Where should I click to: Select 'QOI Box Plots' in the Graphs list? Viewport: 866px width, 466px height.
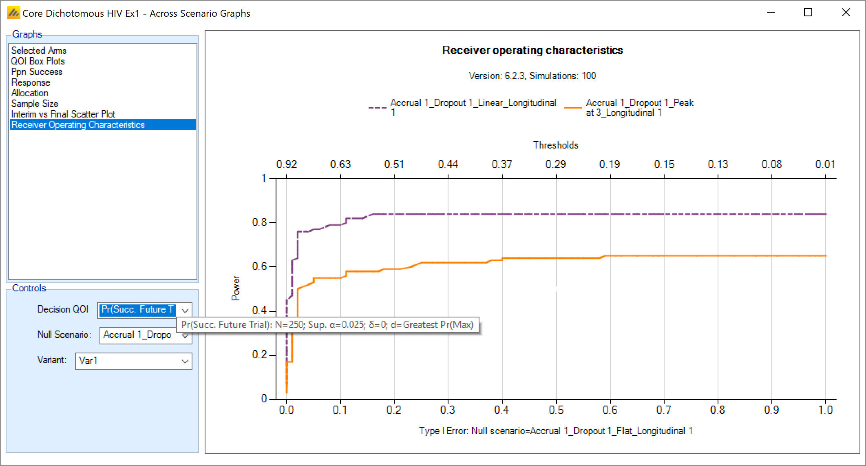click(38, 61)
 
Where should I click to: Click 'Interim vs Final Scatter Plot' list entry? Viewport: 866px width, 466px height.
click(63, 114)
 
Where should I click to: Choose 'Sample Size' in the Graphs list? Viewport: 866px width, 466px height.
click(35, 104)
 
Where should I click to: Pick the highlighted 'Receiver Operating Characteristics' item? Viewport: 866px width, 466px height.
click(78, 125)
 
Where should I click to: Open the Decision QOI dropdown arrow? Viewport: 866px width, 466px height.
click(185, 311)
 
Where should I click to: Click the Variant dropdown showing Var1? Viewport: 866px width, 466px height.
click(133, 361)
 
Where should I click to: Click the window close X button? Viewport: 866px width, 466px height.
click(846, 13)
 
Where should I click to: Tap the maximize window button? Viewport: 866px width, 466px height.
click(808, 13)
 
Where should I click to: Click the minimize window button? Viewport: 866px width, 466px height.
click(771, 13)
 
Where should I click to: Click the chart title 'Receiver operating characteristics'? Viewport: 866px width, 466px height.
click(532, 50)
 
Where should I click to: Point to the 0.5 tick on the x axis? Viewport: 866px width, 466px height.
click(556, 410)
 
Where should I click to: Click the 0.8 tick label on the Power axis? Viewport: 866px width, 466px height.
click(259, 222)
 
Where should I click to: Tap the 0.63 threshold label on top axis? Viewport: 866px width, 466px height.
click(340, 164)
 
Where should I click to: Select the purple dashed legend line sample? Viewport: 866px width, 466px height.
click(377, 108)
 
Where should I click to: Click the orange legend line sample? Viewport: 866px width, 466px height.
click(573, 108)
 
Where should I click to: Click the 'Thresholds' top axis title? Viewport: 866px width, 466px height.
click(556, 145)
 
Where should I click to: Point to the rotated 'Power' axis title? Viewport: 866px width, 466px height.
click(236, 288)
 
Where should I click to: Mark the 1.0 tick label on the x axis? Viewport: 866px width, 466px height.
click(825, 410)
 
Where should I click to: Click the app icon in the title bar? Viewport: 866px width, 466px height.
click(13, 13)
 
